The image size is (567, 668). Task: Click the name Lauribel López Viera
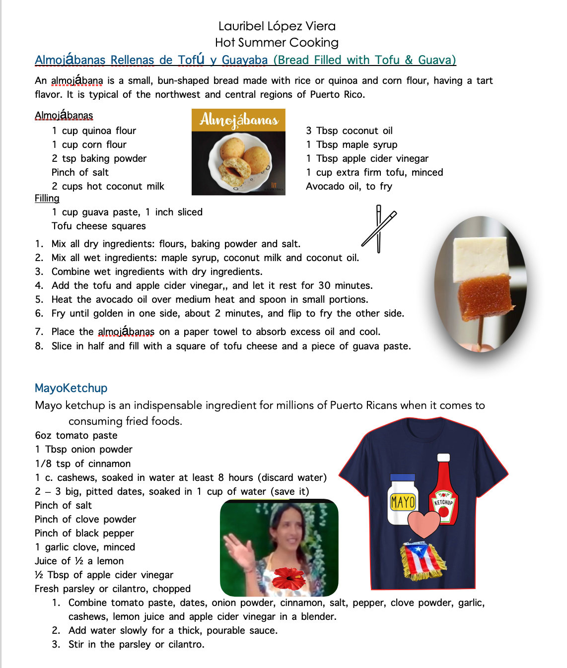(x=277, y=26)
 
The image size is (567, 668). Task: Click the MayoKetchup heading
(x=71, y=388)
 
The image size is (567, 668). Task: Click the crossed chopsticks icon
(x=379, y=229)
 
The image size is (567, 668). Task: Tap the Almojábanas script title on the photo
(x=239, y=120)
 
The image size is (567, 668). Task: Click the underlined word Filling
(x=47, y=199)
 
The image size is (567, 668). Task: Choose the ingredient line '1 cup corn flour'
(x=89, y=144)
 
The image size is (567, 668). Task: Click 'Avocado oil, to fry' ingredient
(x=349, y=186)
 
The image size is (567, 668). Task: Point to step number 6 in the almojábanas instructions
(x=39, y=313)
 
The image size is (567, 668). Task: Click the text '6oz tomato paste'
(x=76, y=435)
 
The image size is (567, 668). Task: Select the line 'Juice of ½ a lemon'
(x=79, y=561)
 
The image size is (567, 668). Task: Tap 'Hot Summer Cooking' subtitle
(x=277, y=43)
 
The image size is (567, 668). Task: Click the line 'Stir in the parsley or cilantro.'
(x=136, y=644)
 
